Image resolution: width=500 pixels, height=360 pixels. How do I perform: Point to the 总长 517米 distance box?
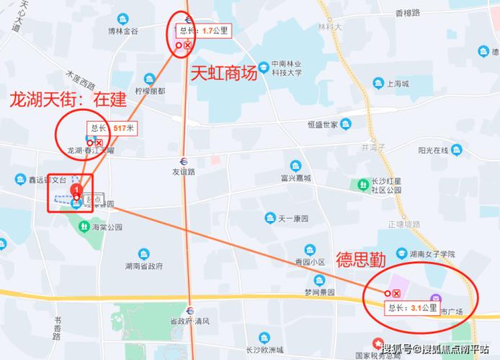coord(112,128)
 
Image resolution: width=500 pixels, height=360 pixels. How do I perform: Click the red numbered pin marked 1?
coord(76,190)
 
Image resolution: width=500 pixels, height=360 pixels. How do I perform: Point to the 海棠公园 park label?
coord(107,226)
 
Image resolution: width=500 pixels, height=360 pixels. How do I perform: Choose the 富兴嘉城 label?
coord(295,177)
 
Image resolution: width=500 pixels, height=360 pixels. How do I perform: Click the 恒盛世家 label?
coord(322,124)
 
